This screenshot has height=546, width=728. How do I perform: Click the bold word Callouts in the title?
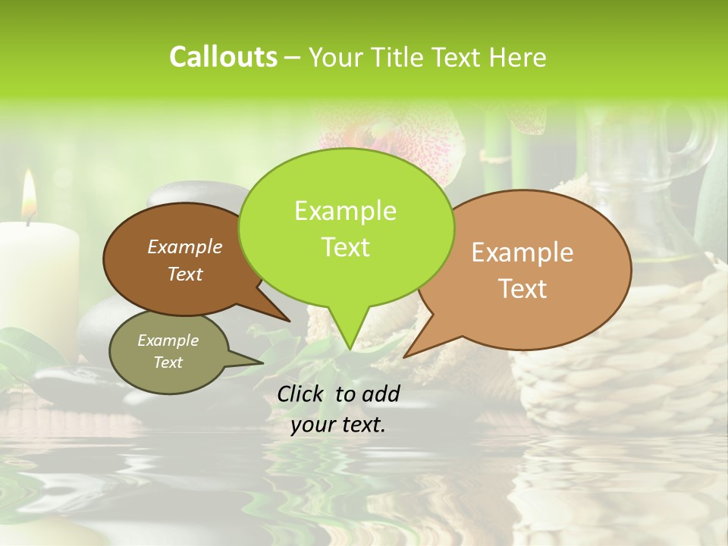point(223,58)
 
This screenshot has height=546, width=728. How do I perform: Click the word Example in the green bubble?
point(345,211)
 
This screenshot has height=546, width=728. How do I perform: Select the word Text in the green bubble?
point(345,247)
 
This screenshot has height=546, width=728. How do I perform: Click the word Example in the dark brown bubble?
point(184,246)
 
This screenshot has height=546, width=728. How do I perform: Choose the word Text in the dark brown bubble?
point(184,274)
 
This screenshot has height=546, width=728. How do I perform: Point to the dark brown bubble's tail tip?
point(289,320)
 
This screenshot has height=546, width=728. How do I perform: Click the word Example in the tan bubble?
point(522,253)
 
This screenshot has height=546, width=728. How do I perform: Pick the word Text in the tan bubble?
point(522,289)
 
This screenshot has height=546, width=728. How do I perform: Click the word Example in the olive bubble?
point(168,340)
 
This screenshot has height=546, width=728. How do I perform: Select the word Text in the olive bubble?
point(168,362)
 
